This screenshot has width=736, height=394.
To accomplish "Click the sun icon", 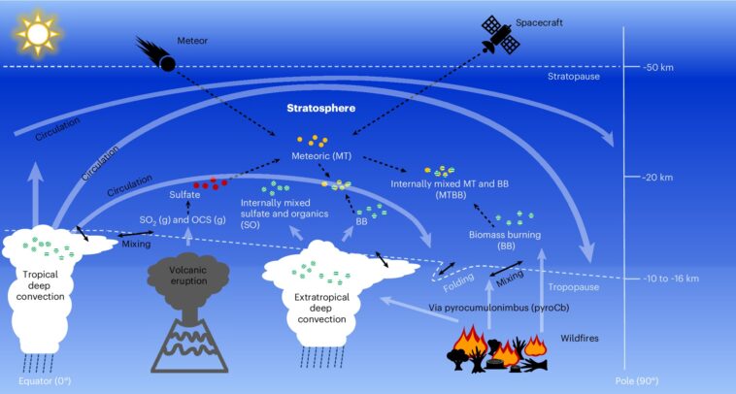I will point(38,36).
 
